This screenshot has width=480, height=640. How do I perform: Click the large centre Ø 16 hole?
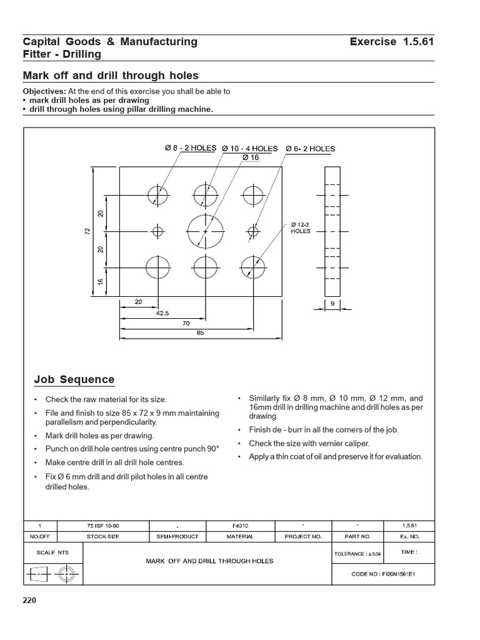[x=206, y=231]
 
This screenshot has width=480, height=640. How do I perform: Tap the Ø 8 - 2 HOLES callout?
[x=191, y=148]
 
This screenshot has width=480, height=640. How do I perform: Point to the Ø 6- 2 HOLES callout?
[x=311, y=149]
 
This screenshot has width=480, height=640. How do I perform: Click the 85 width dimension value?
[x=201, y=332]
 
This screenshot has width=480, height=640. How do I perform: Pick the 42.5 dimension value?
[x=162, y=313]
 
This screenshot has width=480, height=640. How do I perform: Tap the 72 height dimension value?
[x=87, y=231]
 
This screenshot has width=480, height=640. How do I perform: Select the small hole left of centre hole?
[x=157, y=231]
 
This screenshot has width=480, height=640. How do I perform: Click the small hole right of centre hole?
[x=252, y=231]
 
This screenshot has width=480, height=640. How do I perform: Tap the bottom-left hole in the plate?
[x=157, y=267]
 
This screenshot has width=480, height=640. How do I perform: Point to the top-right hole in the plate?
[x=252, y=194]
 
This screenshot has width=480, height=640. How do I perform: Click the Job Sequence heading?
[x=74, y=379]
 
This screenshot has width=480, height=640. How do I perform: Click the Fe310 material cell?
[x=239, y=526]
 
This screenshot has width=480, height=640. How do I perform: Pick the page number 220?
[x=30, y=601]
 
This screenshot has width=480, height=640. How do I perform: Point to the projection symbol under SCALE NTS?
[x=52, y=572]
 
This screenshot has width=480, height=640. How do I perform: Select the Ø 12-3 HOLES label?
[x=301, y=227]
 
